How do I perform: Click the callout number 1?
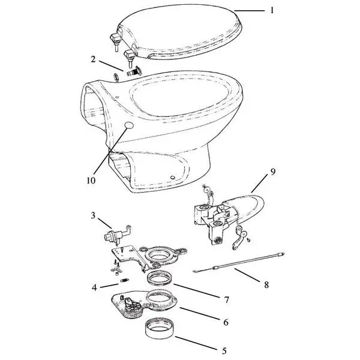pos(272,10)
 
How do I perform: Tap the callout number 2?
pos(93,59)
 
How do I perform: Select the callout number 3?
pos(93,215)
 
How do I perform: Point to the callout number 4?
pos(94,287)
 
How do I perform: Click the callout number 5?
pos(224,351)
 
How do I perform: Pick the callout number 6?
pos(226,322)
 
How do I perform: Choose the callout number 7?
pos(227,300)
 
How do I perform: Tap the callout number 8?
pos(266,285)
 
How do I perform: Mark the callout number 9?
pos(273,172)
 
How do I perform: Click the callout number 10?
pos(91,181)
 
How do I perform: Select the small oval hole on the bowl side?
pos(129,125)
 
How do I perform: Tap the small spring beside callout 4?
pos(125,280)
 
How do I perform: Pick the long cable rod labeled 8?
pos(239,263)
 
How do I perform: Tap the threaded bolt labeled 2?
pos(134,71)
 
